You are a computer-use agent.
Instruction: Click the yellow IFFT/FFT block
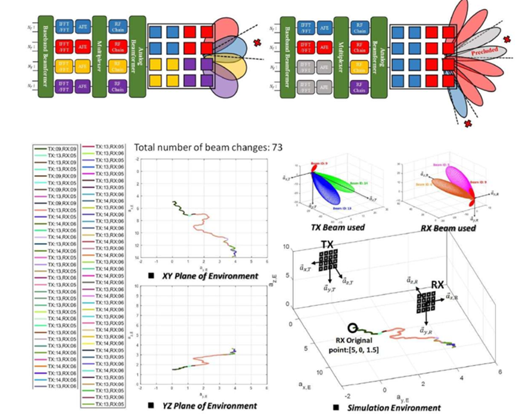point(64,66)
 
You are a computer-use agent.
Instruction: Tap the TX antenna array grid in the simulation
point(328,261)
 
